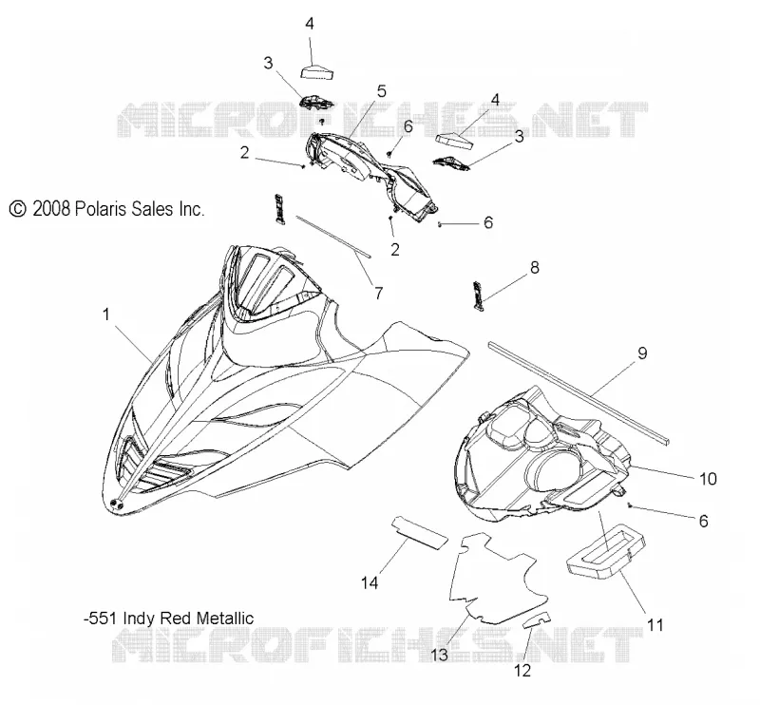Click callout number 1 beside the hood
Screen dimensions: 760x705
(106, 315)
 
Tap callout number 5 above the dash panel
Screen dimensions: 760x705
(382, 91)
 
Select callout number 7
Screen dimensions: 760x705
(378, 293)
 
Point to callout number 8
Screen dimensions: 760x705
(535, 267)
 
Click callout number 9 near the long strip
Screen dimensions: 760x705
(642, 353)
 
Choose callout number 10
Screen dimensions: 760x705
(708, 479)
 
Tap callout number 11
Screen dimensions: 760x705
(655, 624)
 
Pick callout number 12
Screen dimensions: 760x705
(522, 670)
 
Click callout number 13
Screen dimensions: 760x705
(439, 655)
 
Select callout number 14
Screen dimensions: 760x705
(370, 582)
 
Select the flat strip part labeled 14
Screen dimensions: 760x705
(419, 533)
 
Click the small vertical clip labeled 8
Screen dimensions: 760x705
(479, 295)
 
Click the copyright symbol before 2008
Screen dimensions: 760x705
(17, 209)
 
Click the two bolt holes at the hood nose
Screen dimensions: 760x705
(117, 505)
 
